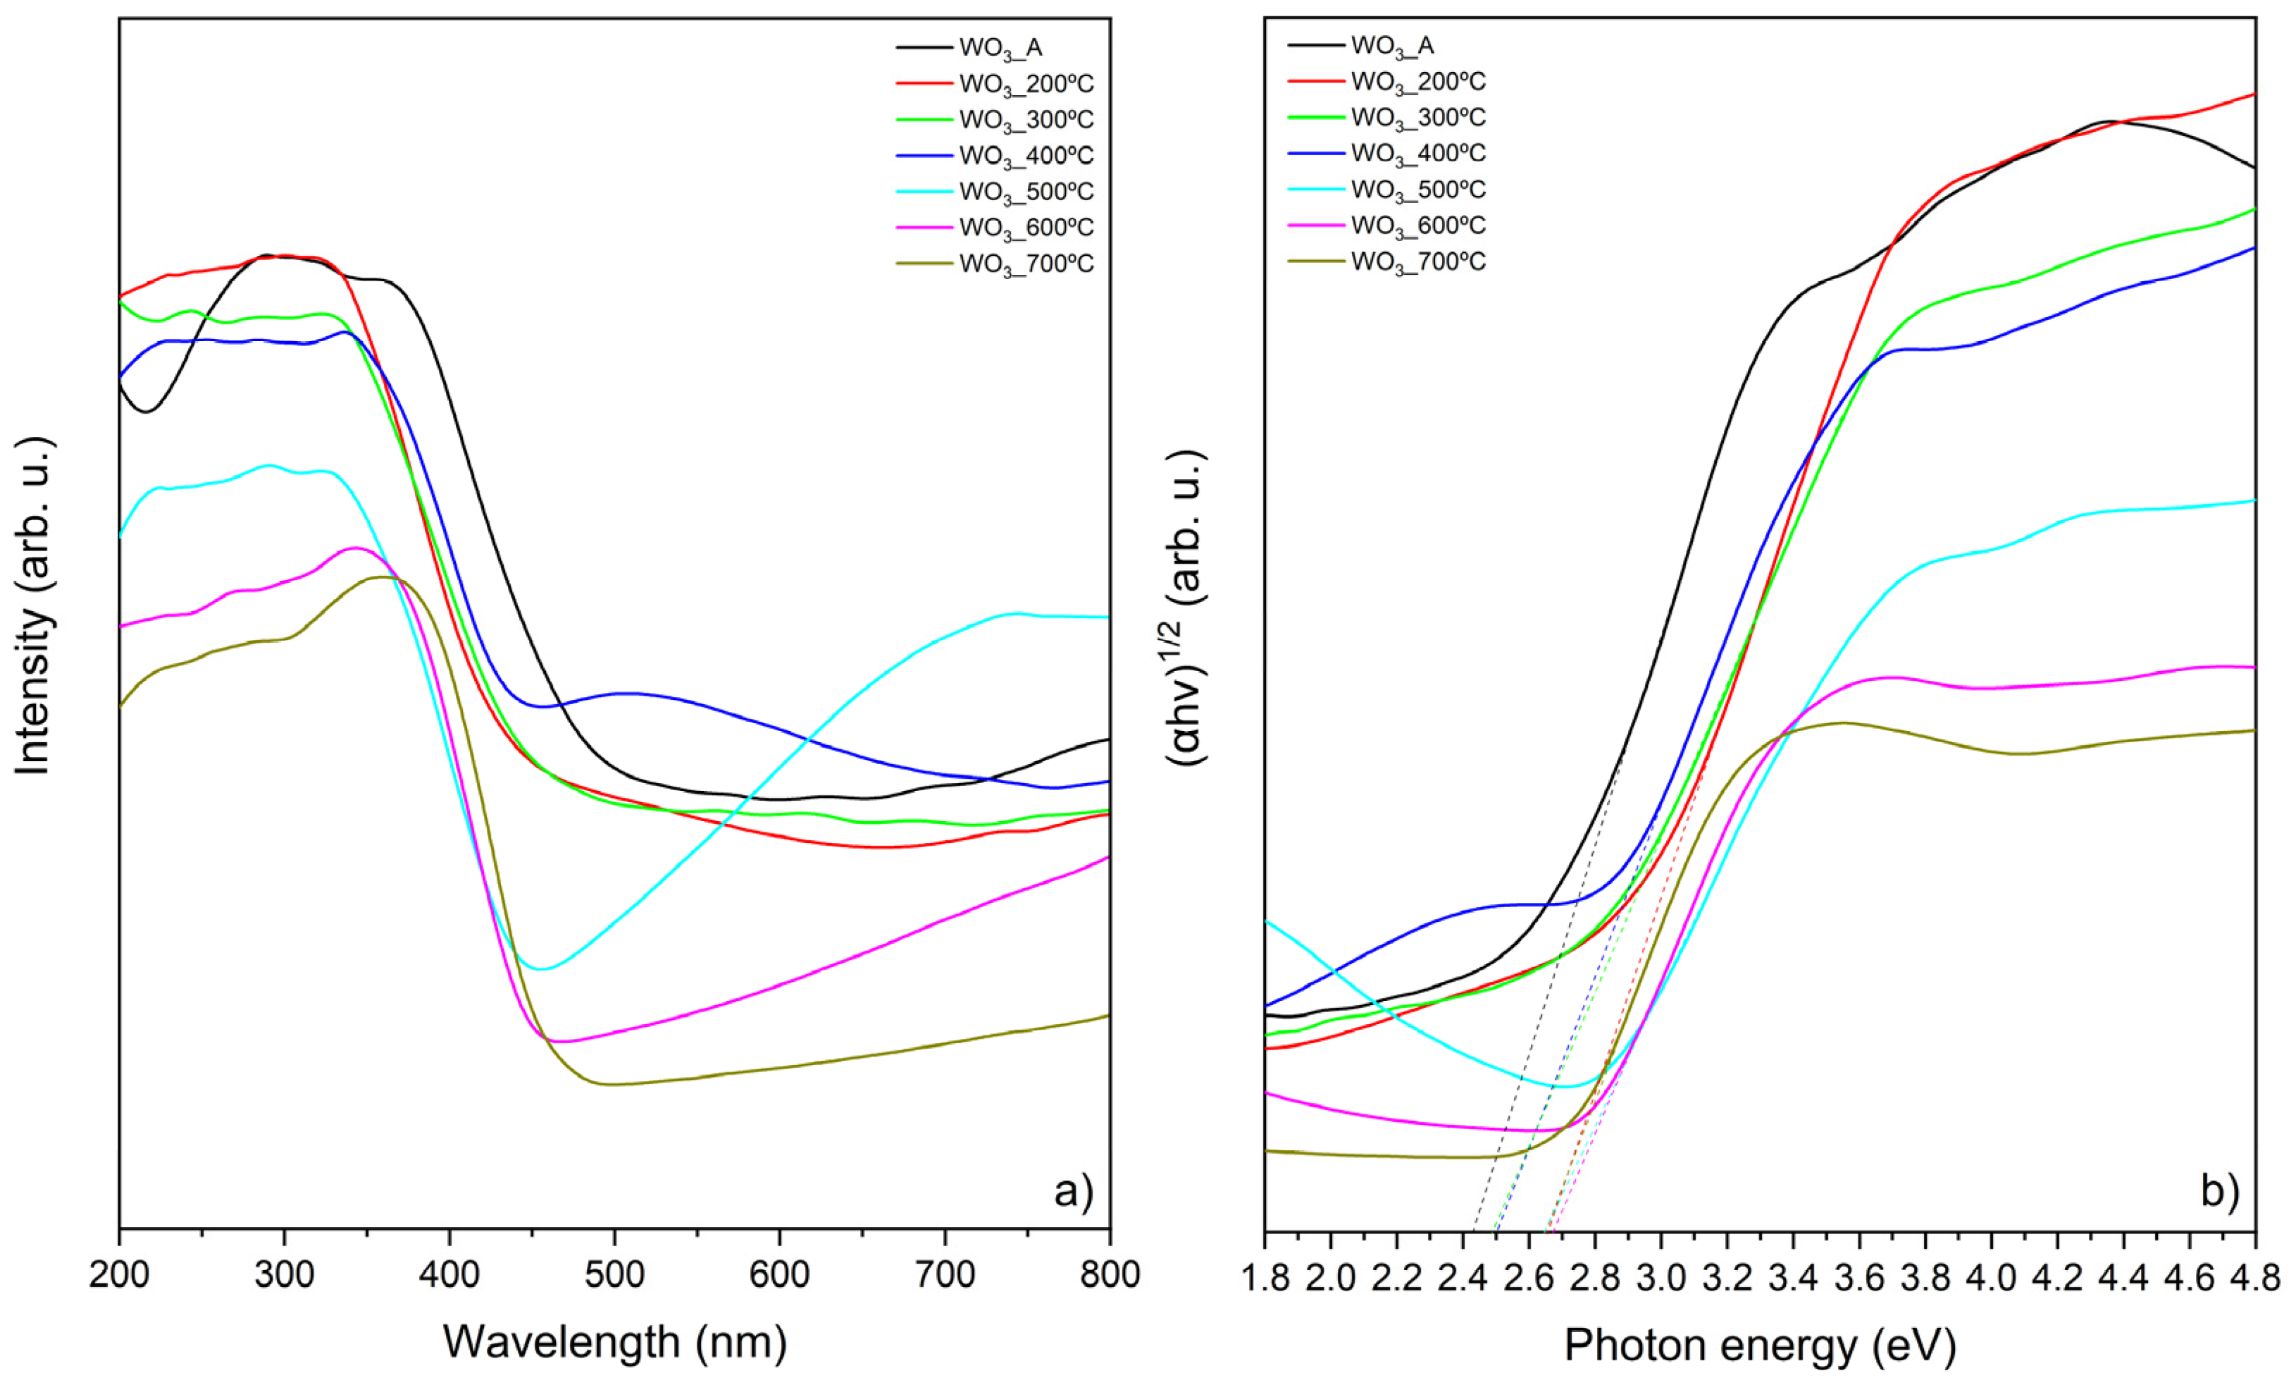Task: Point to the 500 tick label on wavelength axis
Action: (614, 1274)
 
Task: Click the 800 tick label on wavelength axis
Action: (1110, 1274)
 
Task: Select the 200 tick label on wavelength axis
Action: (119, 1274)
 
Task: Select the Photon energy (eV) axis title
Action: (1759, 1345)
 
